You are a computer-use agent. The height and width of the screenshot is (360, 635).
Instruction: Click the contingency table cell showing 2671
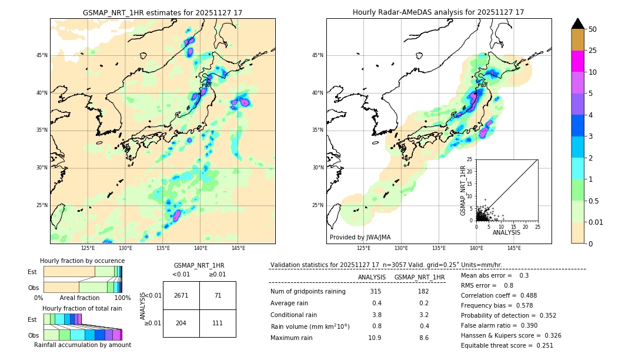click(181, 295)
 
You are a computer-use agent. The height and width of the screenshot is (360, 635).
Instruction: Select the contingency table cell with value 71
click(218, 295)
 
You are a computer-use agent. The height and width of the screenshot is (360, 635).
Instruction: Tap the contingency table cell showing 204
click(181, 324)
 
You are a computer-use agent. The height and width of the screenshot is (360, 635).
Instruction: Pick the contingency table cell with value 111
click(218, 324)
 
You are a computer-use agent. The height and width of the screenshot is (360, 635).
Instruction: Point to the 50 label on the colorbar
click(593, 29)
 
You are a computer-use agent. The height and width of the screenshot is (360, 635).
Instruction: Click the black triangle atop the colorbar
click(578, 24)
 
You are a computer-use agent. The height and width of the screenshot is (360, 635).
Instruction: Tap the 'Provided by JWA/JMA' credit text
click(360, 237)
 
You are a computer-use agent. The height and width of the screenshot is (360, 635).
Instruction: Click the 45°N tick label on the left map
click(42, 55)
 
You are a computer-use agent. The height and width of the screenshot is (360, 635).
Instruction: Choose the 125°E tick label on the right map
click(364, 248)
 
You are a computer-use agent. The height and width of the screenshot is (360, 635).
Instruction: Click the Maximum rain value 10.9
click(375, 338)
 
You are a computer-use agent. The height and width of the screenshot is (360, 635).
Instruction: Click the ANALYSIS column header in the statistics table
click(372, 277)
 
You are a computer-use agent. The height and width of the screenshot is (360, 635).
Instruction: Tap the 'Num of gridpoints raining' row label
click(308, 291)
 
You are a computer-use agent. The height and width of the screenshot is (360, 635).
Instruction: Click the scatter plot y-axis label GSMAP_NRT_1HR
click(463, 190)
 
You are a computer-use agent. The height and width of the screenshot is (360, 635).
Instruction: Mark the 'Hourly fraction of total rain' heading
click(82, 308)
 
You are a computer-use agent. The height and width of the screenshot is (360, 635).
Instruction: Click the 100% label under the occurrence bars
click(122, 298)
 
